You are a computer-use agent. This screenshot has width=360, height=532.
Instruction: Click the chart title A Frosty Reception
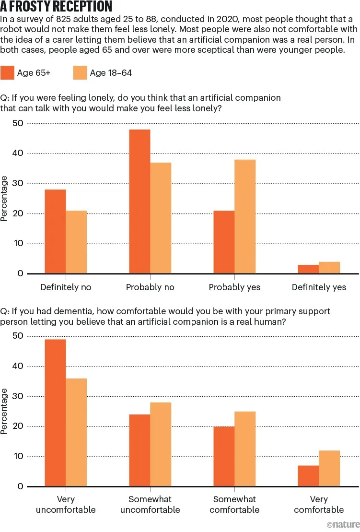point(56,7)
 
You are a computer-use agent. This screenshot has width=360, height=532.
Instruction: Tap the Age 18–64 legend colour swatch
point(80,72)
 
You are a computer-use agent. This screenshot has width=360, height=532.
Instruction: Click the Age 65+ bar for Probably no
point(139,201)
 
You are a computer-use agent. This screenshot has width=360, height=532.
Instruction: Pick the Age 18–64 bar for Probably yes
point(245,216)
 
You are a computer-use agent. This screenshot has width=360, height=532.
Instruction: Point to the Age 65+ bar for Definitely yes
point(308,269)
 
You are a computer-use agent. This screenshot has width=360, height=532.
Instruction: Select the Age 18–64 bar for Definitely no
point(76,242)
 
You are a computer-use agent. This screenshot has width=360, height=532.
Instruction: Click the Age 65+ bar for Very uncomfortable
point(55,413)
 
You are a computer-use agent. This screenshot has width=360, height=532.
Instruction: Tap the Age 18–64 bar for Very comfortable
point(329,468)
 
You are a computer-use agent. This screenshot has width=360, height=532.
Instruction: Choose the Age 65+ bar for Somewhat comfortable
point(224,456)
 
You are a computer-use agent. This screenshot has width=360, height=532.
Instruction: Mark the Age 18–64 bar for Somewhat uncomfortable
point(161,444)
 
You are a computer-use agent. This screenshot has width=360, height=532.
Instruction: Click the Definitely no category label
point(66,287)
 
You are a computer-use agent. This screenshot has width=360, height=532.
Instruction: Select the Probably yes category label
point(234,287)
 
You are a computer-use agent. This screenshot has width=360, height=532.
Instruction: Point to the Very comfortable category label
point(319,504)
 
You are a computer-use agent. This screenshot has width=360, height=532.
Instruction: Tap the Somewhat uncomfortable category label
point(150,504)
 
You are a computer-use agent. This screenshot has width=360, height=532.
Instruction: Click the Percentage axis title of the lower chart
point(5,411)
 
